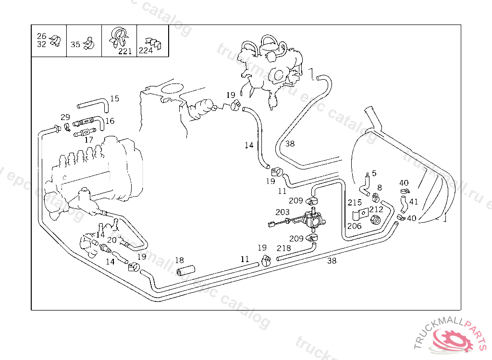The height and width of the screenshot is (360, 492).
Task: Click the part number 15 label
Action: point(114,99)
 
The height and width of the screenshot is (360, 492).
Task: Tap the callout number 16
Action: point(110,121)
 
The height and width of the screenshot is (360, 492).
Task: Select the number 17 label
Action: point(88,140)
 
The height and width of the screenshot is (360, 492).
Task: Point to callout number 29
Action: point(65,117)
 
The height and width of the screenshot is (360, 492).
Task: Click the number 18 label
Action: point(179,260)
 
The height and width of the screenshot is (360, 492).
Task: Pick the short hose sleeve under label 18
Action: point(185,271)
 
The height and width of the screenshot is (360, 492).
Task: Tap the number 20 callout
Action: point(111,240)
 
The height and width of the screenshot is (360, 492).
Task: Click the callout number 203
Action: point(283,212)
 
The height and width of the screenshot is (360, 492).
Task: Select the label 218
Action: point(284,248)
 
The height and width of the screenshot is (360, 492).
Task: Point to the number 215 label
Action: point(355,203)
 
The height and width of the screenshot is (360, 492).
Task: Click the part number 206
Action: point(355,226)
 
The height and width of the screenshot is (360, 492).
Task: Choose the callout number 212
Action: point(376,209)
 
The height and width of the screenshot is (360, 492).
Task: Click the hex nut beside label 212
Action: point(376,220)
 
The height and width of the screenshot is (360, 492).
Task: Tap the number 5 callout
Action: point(374,173)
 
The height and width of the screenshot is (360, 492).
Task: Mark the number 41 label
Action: point(413,202)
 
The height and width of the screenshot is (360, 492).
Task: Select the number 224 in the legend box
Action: point(146,50)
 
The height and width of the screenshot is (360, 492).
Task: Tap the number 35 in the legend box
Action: point(75,45)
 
